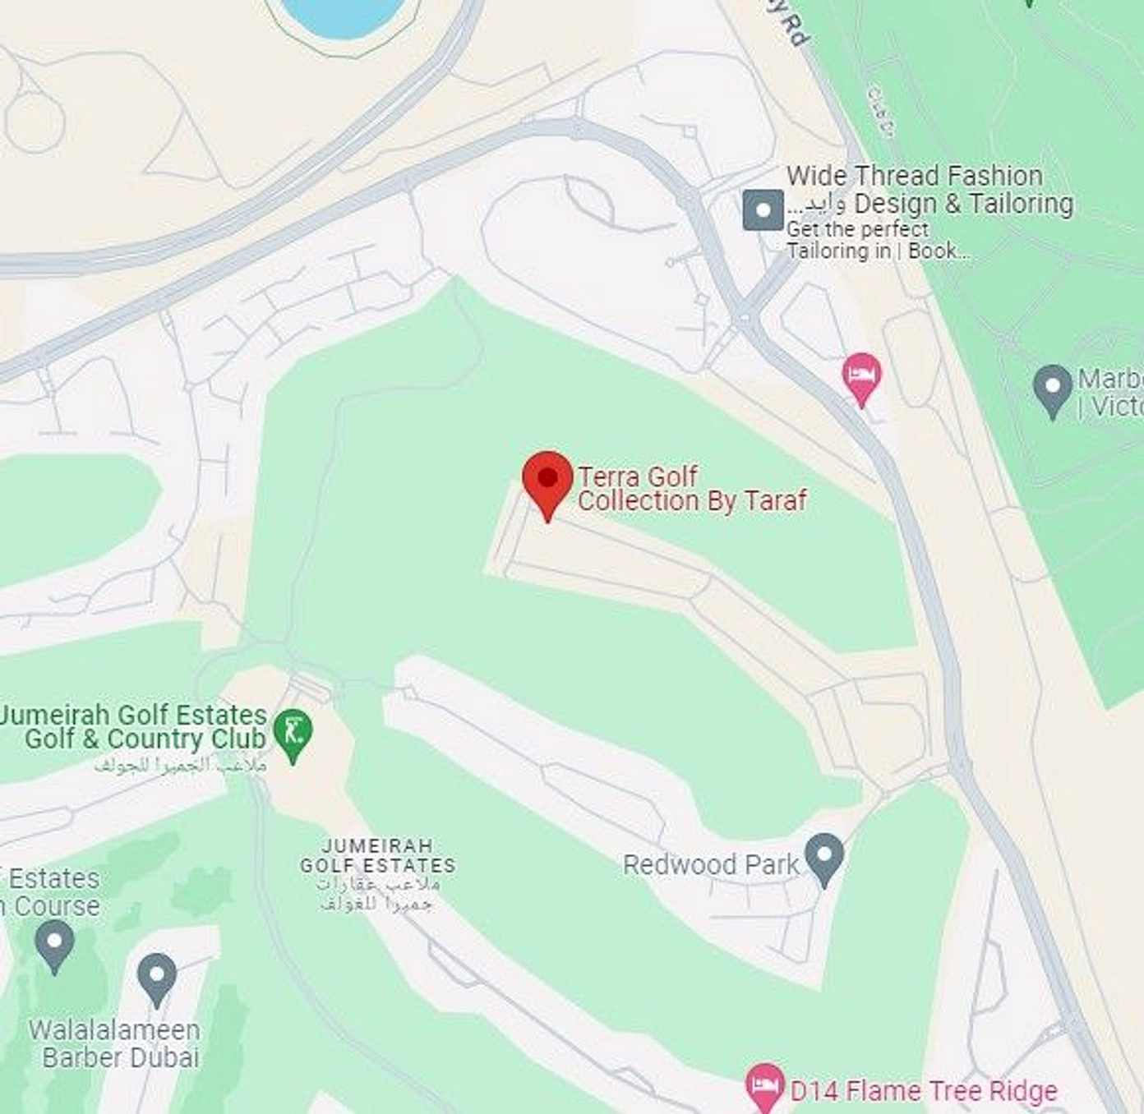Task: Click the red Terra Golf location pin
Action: [547, 481]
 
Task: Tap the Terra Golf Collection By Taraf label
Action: [692, 489]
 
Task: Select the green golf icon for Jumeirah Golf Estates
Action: [293, 731]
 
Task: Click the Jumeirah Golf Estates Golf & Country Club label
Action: [136, 726]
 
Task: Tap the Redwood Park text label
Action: [710, 864]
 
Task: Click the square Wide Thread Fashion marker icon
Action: [763, 210]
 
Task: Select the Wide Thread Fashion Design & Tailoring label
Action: [929, 190]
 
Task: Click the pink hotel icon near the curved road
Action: [861, 377]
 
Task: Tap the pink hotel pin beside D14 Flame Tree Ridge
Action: [764, 1086]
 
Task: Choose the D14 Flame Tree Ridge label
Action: [923, 1091]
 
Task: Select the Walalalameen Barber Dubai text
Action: [115, 1043]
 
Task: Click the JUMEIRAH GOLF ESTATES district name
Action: [378, 855]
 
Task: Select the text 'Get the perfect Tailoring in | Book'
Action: [875, 240]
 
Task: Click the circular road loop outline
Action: [34, 122]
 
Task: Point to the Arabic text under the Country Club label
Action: [180, 765]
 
